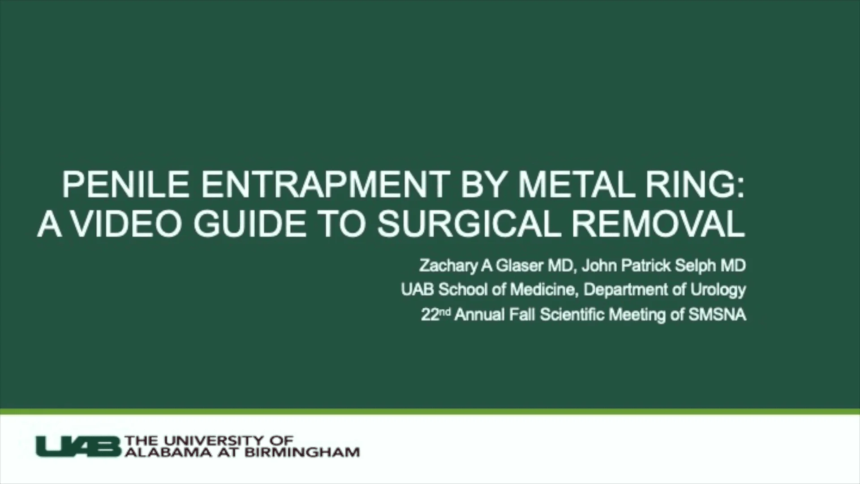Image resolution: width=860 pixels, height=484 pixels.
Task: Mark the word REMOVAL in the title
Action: coord(658,224)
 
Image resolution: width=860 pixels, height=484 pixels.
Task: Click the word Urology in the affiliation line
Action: coord(718,290)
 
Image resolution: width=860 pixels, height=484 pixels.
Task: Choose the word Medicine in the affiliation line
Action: coord(542,290)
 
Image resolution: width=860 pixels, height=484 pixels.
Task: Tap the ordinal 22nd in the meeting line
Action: coord(435,314)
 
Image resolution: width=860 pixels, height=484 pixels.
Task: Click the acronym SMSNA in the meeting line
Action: coord(717,315)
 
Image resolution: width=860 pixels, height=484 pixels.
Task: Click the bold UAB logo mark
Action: coord(78,446)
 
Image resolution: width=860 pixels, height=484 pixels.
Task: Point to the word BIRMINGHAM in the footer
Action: coord(302,452)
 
